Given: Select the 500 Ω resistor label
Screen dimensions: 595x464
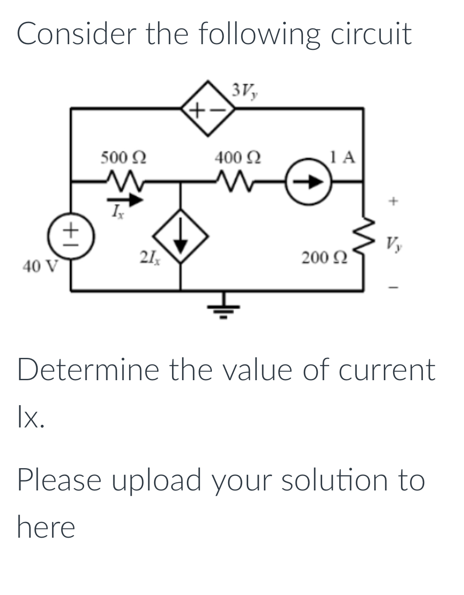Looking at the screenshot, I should point(123,157).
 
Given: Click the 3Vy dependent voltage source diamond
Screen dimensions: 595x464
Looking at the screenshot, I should point(207,107).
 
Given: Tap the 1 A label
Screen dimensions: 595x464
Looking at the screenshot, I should point(344,157).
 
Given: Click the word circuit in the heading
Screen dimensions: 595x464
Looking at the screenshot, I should point(371,34).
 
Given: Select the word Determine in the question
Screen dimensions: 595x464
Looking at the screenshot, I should point(88,370).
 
